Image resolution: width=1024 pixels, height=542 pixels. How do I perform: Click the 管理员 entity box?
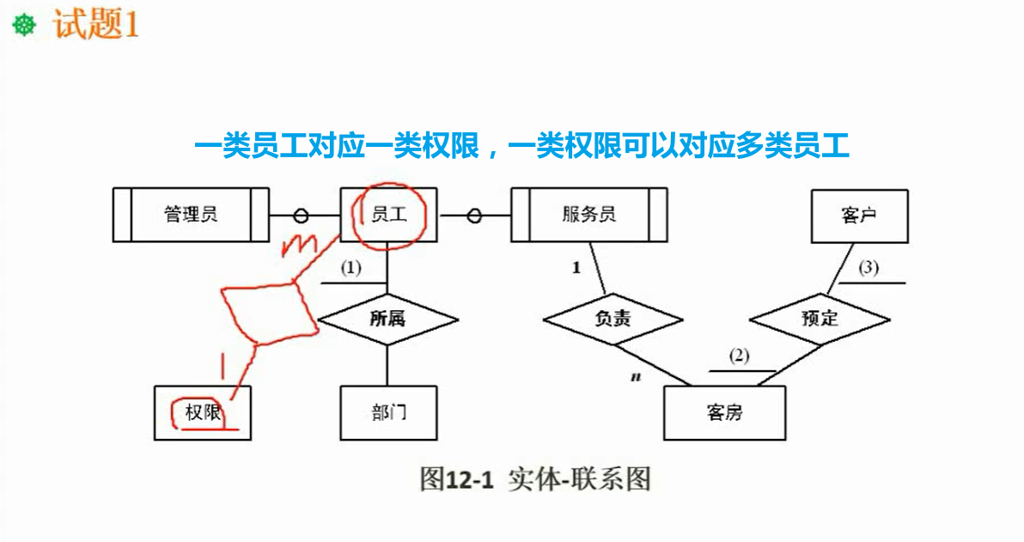(x=191, y=215)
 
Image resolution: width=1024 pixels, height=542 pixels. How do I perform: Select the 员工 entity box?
(x=389, y=215)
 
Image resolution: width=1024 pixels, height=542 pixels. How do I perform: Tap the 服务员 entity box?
(x=589, y=215)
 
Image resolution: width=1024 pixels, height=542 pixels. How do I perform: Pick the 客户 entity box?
(x=859, y=215)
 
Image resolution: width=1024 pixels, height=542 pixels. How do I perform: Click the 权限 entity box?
(x=203, y=413)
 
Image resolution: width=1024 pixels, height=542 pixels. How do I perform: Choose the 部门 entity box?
(x=388, y=413)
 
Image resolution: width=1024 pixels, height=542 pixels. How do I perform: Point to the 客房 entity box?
(x=724, y=413)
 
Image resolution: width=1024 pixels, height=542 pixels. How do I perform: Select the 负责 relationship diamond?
(x=613, y=319)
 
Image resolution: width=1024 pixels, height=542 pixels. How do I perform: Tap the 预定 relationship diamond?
(x=820, y=319)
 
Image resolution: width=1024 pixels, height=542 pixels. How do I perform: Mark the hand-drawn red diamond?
(x=268, y=308)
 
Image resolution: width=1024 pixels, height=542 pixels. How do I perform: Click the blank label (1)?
(x=350, y=268)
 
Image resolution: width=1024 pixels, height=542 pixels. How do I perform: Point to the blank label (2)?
(x=740, y=356)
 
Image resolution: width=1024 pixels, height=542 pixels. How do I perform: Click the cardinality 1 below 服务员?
(x=576, y=268)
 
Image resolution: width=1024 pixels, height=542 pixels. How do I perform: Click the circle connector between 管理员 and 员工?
(x=302, y=215)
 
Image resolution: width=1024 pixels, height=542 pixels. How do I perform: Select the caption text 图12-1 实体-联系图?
(x=535, y=478)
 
